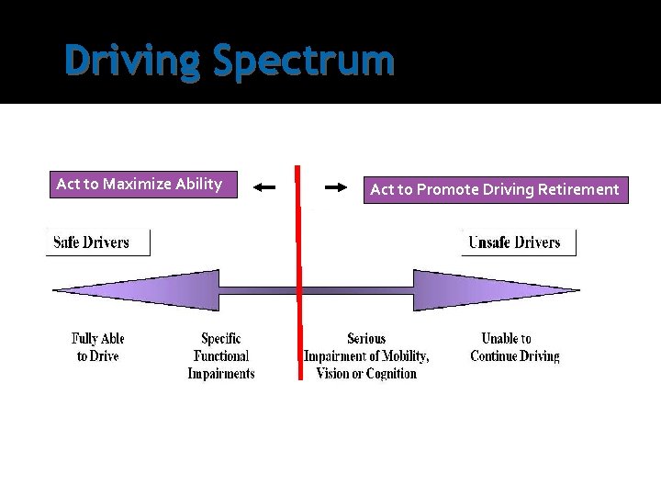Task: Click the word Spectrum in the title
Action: [x=304, y=62]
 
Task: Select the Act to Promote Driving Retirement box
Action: [x=495, y=189]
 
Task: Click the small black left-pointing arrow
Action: [x=264, y=187]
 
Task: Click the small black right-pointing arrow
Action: [x=336, y=187]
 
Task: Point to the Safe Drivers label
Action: [x=92, y=242]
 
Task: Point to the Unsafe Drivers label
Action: [x=514, y=242]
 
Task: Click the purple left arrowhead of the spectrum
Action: [x=138, y=290]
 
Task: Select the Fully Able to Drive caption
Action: [x=97, y=347]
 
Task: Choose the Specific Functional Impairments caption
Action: [x=221, y=356]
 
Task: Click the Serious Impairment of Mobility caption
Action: [x=366, y=356]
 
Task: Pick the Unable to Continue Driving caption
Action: [x=514, y=347]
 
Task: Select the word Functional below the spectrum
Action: [x=221, y=356]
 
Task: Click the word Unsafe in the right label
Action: [x=490, y=242]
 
